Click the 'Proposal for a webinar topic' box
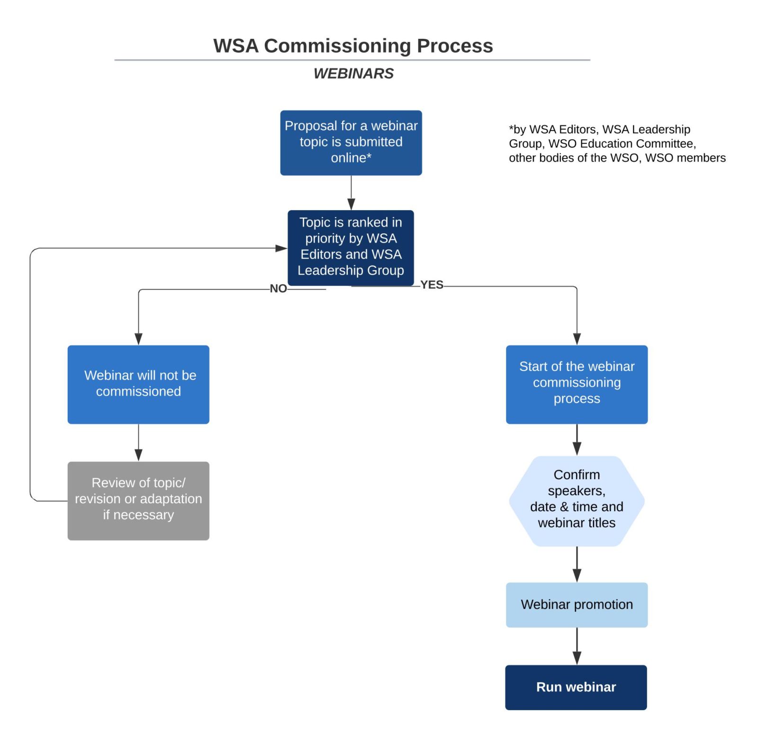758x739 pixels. (x=351, y=142)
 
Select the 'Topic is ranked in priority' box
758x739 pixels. (x=351, y=247)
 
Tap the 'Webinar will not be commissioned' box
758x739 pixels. (x=138, y=384)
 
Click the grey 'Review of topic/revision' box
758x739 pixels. (x=138, y=500)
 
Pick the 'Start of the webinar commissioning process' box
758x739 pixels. (x=576, y=384)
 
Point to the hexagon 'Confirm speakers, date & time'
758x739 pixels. (x=576, y=500)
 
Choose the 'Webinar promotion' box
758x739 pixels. (x=576, y=604)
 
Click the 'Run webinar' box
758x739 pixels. (x=576, y=686)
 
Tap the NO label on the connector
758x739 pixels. (x=278, y=288)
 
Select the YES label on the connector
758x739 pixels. (x=432, y=285)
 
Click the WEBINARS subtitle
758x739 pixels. (x=353, y=73)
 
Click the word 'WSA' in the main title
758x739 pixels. (x=235, y=46)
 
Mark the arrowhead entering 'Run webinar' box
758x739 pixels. (x=577, y=658)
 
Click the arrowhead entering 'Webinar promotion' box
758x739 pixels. (x=577, y=575)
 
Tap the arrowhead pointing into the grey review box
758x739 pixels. (x=138, y=454)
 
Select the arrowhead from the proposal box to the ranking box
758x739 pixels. (x=351, y=204)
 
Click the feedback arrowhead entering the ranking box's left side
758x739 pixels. (x=281, y=248)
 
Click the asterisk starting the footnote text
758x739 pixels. (x=511, y=128)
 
